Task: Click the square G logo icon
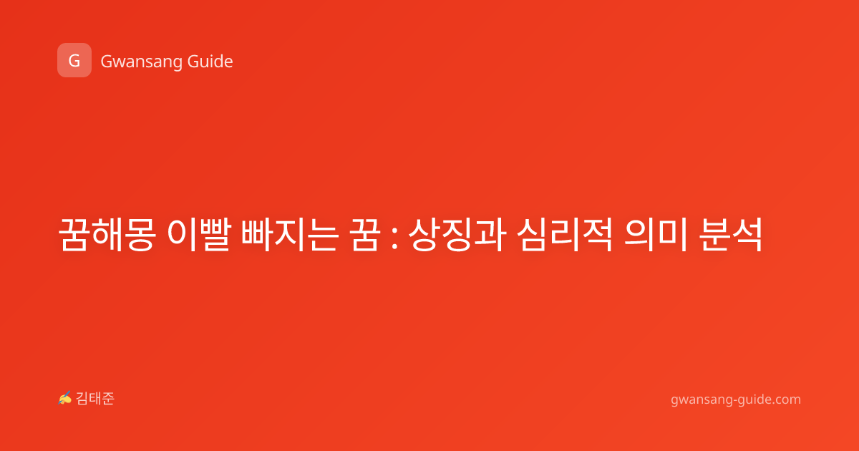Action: click(74, 60)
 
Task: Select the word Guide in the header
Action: click(210, 62)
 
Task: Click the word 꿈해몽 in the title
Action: click(107, 234)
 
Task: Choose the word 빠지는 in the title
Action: click(290, 234)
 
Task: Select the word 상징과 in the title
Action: click(457, 234)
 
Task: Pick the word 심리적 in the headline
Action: click(565, 234)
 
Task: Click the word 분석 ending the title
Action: click(731, 234)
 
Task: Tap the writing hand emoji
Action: click(65, 398)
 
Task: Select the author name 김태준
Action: click(95, 399)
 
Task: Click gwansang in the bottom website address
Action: click(701, 399)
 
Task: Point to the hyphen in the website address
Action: click(734, 400)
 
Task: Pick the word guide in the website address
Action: click(754, 399)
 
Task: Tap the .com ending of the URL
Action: click(786, 399)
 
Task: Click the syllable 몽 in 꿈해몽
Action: click(140, 234)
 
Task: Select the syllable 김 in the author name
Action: click(82, 399)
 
